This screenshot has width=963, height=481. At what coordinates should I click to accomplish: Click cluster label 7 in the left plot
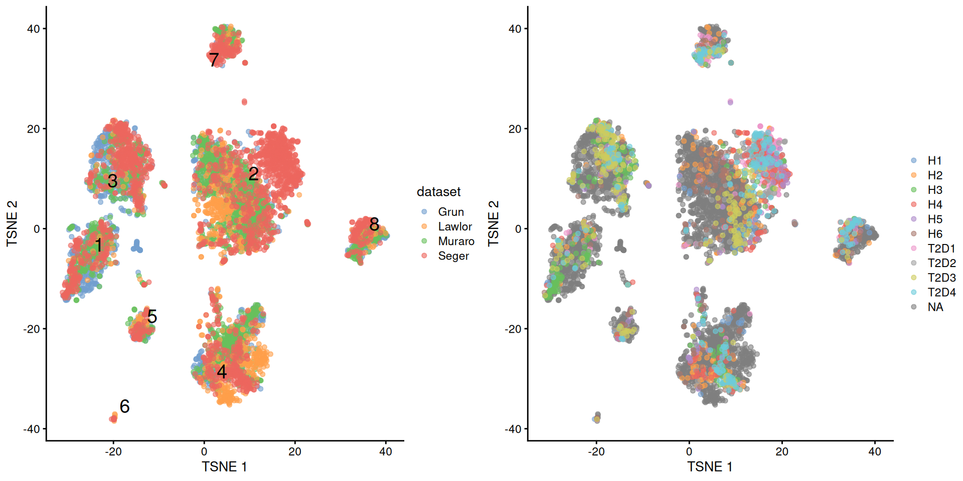click(x=214, y=60)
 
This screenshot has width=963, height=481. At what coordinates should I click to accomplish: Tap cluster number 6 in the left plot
click(x=124, y=406)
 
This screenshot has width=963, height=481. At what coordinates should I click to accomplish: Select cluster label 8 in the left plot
click(x=374, y=224)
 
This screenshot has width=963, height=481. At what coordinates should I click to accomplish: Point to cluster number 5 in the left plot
click(x=152, y=316)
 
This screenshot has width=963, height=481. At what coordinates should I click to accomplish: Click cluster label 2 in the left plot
click(x=253, y=174)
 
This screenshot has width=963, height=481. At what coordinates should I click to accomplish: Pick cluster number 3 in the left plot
click(x=112, y=181)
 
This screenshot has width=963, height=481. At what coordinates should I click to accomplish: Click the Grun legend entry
click(x=450, y=212)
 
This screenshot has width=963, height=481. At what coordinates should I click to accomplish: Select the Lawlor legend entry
click(x=454, y=226)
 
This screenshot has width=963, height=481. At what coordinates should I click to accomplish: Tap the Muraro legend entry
click(x=455, y=241)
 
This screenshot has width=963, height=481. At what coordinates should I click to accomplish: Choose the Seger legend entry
click(x=453, y=256)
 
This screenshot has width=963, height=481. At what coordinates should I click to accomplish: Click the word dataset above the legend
click(x=438, y=192)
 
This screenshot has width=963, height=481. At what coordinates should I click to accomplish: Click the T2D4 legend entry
click(x=941, y=292)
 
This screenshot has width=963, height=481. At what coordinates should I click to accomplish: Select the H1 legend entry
click(x=934, y=160)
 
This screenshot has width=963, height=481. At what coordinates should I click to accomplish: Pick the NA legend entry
click(x=935, y=307)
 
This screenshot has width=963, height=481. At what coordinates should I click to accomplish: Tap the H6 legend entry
click(x=934, y=233)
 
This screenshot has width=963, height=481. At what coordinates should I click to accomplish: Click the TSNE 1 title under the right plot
click(x=709, y=466)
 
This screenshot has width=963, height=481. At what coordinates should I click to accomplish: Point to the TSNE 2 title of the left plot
click(x=12, y=223)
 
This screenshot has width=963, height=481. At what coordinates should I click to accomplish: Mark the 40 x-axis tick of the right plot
click(x=874, y=451)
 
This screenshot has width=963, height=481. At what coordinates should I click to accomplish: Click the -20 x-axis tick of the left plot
click(x=113, y=451)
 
